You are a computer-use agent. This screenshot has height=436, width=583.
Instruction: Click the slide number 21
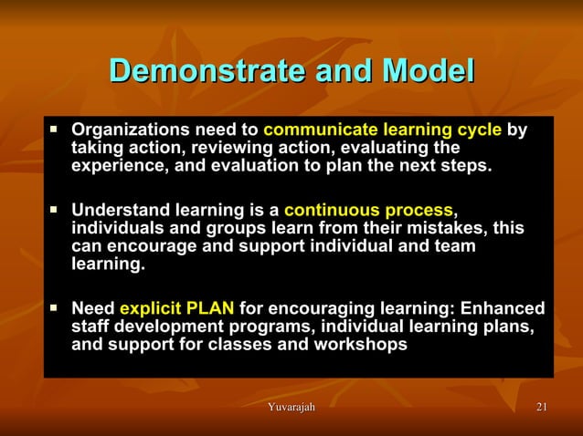click(x=542, y=407)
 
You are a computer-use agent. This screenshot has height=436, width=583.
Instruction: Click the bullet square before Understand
click(x=53, y=209)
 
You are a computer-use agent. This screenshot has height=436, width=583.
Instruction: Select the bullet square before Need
click(x=53, y=307)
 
